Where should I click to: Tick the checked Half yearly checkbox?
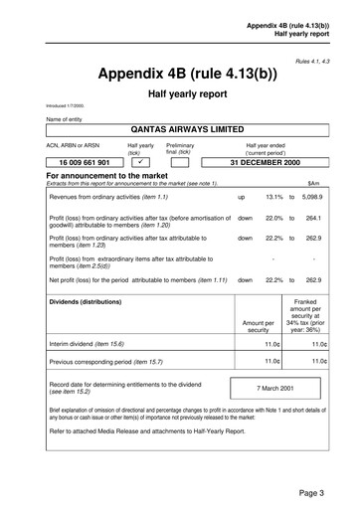click(x=140, y=161)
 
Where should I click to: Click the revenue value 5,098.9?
click(x=314, y=197)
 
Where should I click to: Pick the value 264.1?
click(x=314, y=218)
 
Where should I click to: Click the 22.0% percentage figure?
click(x=275, y=218)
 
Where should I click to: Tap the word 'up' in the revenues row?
click(x=242, y=197)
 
